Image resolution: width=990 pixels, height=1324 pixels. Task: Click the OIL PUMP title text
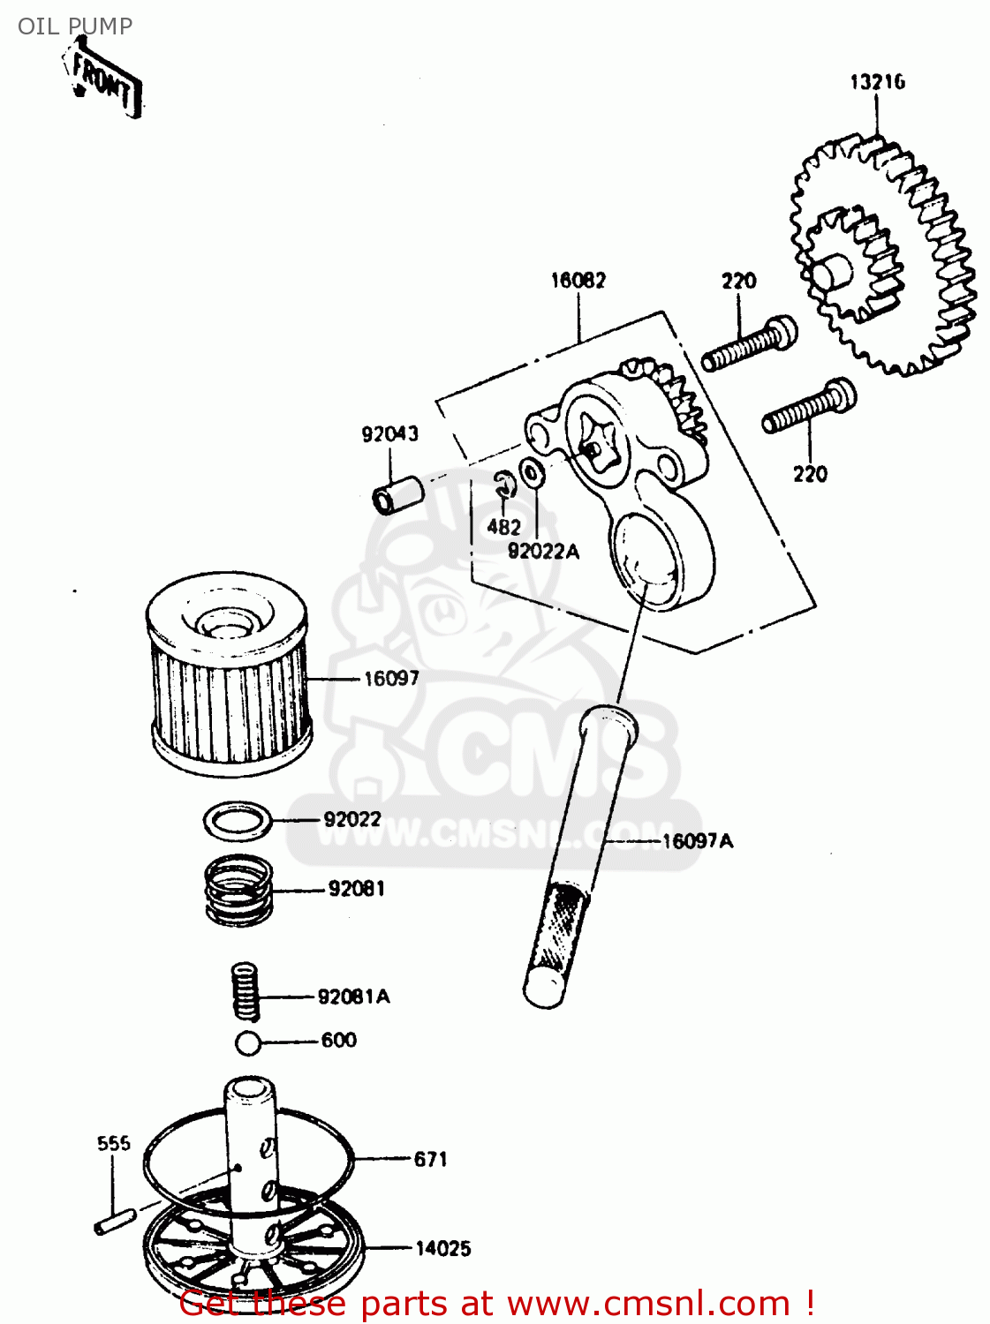click(x=75, y=26)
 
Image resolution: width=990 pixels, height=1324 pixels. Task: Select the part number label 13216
click(x=877, y=82)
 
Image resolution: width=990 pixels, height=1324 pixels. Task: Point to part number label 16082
click(x=578, y=281)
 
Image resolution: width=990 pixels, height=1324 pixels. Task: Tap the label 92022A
click(x=543, y=552)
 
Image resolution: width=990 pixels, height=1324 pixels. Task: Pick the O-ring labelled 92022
click(x=237, y=821)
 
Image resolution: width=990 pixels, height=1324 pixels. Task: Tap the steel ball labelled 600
click(x=248, y=1042)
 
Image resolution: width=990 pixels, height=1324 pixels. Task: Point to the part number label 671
click(x=431, y=1159)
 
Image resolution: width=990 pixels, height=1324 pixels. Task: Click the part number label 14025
click(x=443, y=1248)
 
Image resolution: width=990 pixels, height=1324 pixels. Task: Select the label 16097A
click(x=698, y=841)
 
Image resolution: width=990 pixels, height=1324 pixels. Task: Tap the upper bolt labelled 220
click(x=749, y=345)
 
